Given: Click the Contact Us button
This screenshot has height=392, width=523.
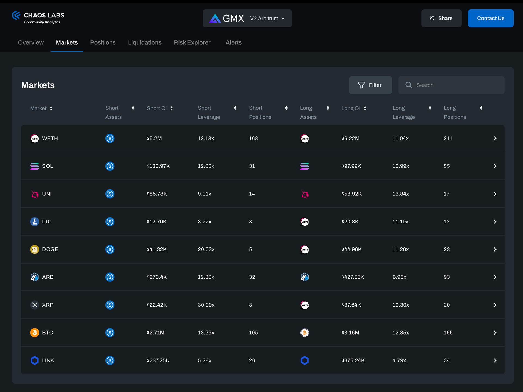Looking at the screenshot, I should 491,18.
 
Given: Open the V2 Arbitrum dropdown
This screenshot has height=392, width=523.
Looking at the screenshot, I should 267,18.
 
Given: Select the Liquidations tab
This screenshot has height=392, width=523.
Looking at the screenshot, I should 145,42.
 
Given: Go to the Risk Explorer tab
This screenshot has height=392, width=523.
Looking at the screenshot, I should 192,42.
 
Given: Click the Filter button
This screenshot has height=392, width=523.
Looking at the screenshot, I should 370,85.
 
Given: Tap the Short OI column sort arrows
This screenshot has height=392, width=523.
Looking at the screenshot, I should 171,108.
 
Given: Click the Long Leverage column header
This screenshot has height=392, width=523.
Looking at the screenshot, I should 403,112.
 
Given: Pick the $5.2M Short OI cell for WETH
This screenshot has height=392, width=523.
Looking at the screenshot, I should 154,138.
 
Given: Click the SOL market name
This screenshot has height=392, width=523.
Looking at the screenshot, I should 47,166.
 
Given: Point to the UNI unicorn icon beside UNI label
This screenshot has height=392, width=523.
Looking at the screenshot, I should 35,194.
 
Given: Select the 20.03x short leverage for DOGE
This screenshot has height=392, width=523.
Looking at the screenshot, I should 206,249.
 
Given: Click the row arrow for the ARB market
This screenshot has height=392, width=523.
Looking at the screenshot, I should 495,277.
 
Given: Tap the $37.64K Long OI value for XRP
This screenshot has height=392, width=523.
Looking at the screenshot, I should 351,305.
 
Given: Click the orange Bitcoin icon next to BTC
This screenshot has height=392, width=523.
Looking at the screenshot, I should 35,333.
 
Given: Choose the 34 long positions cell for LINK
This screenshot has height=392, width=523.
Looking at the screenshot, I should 446,360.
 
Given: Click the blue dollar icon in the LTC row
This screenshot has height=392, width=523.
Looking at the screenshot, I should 110,222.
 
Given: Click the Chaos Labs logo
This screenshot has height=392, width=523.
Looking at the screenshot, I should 38,18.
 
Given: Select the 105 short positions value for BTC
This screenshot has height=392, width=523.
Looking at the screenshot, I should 253,333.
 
